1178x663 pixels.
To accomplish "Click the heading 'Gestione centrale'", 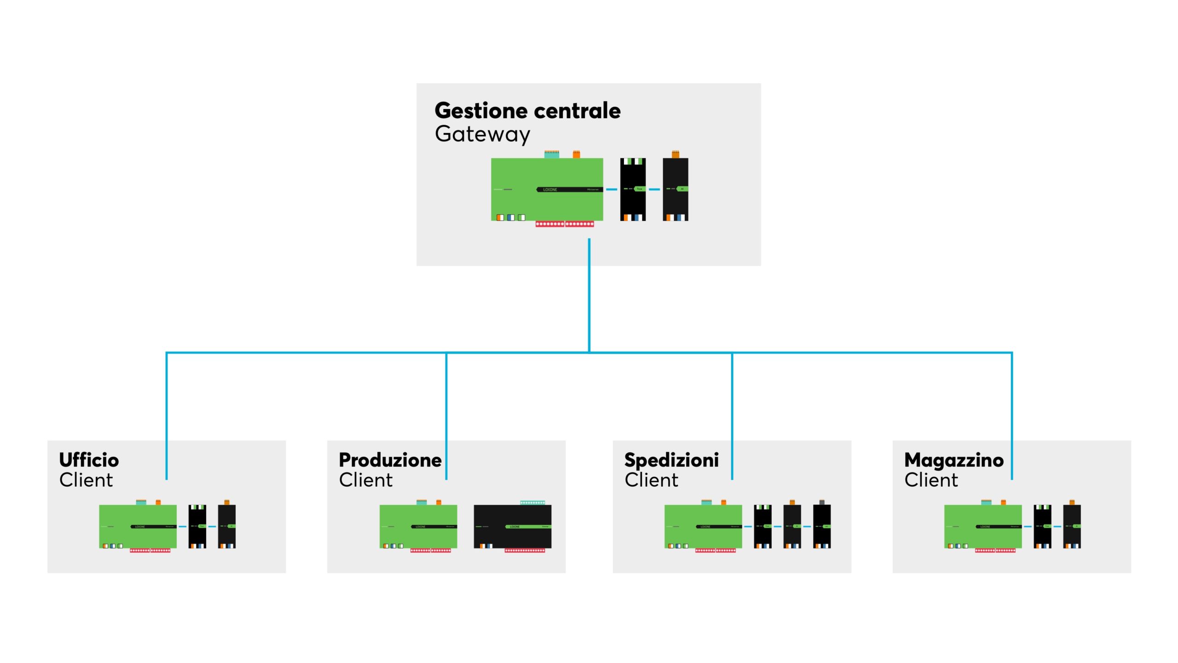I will click(x=527, y=110).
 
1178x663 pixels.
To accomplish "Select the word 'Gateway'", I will click(x=482, y=134).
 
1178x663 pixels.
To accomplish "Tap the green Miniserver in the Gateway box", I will click(x=547, y=189).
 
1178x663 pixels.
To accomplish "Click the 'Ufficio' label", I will click(x=89, y=460).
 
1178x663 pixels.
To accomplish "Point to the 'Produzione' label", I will click(x=390, y=460).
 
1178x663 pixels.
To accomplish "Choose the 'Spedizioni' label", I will click(x=671, y=460).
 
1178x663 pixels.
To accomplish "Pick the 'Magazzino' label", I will click(x=953, y=460).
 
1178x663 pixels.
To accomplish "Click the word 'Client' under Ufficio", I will click(x=86, y=480).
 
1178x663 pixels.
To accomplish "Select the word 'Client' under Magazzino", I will click(x=931, y=480).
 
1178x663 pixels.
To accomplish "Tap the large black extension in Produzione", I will click(x=512, y=526).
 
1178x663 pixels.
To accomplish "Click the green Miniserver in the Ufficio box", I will click(x=138, y=526).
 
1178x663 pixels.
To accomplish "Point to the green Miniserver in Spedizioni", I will click(x=703, y=526).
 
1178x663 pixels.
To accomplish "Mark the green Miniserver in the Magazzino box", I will click(x=982, y=526).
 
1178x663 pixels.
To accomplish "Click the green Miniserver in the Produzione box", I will click(x=418, y=526).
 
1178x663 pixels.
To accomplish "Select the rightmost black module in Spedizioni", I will click(x=821, y=526).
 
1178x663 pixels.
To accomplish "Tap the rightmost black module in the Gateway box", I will click(x=675, y=189).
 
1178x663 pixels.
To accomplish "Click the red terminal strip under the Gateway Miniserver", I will click(x=565, y=224).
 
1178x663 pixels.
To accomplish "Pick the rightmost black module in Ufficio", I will click(x=226, y=526).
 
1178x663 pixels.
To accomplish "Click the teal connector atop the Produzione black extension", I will click(x=532, y=502).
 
